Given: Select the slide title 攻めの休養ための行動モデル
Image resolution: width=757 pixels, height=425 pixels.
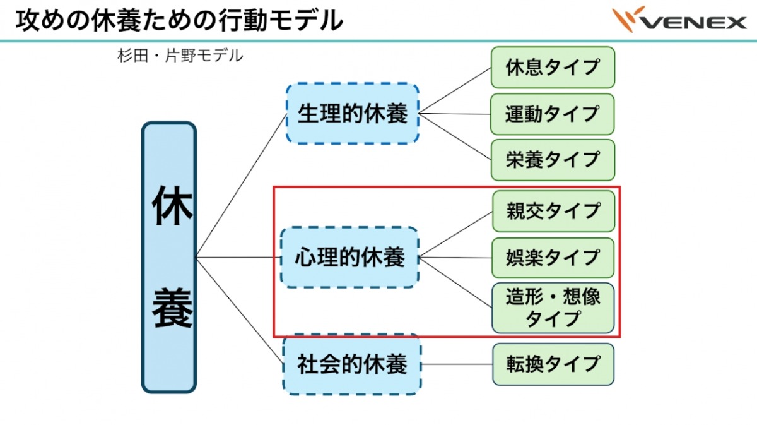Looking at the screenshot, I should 180,20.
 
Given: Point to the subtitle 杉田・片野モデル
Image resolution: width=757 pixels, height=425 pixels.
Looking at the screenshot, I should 180,56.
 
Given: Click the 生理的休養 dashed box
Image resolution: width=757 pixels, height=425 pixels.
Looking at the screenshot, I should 352,114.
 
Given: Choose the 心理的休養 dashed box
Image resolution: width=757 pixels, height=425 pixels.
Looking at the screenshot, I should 349,258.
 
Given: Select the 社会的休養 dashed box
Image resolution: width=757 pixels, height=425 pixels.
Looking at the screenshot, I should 352,364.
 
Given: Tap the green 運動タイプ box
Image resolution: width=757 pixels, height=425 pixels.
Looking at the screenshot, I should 552,114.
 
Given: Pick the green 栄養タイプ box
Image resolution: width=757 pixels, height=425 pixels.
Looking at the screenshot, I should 552,160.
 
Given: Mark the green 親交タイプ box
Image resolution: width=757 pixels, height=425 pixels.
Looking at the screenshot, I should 552,211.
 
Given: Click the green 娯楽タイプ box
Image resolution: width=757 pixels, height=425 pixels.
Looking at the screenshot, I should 552,258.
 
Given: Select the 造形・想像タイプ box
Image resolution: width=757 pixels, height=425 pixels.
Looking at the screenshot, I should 552,308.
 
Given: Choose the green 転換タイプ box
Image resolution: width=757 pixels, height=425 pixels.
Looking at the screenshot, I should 552,364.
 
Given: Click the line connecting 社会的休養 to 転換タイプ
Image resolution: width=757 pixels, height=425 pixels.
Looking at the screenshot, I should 457,364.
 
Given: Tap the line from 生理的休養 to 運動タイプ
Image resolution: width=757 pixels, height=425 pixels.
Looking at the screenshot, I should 454,114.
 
